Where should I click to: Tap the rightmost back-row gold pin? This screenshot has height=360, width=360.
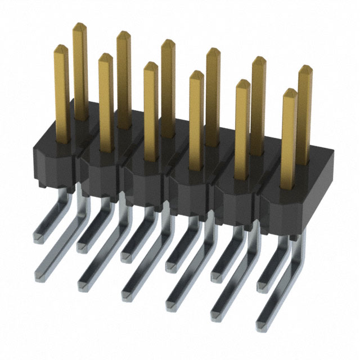304,112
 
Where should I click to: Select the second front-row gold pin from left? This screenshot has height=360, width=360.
105,101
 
